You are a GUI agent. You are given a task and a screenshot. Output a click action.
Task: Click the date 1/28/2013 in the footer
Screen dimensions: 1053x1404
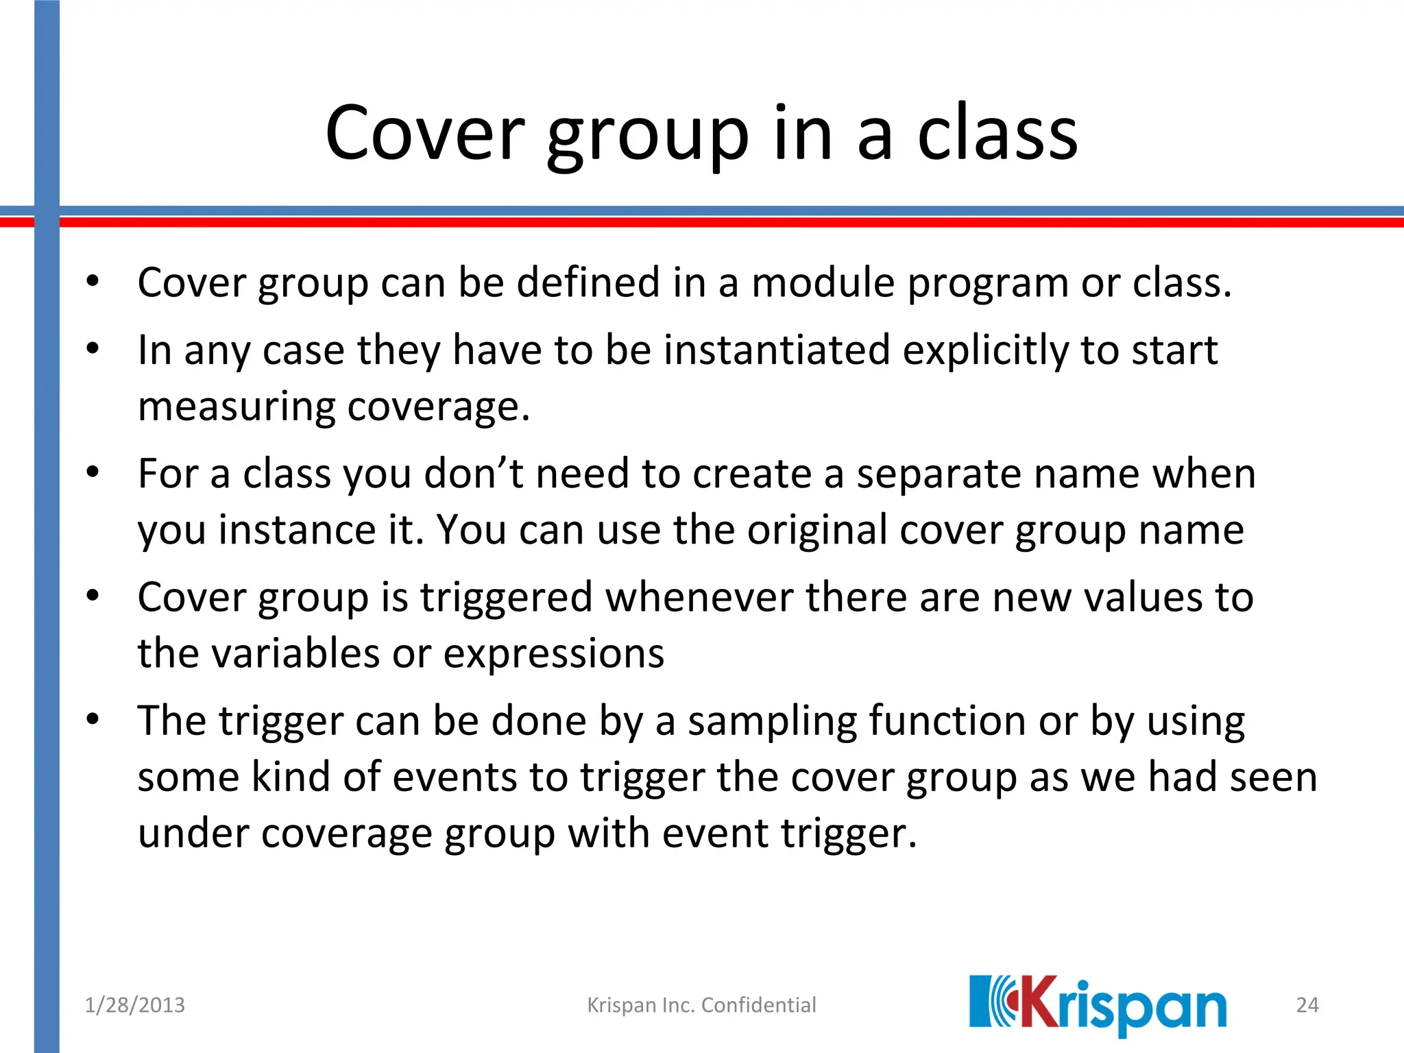[x=134, y=1005]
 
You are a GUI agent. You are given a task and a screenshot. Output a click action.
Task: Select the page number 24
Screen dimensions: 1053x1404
[x=1307, y=1005]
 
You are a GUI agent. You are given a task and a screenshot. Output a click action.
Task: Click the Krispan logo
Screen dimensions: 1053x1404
[x=1097, y=1005]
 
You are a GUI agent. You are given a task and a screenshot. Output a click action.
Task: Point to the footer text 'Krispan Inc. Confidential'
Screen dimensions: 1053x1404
[x=701, y=1005]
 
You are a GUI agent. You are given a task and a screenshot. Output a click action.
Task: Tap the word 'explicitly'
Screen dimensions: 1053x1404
[x=985, y=350]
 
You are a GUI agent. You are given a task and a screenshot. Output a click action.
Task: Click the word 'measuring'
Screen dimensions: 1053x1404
[x=237, y=407]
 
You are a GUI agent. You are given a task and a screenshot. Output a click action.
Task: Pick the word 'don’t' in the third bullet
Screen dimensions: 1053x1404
[x=474, y=474]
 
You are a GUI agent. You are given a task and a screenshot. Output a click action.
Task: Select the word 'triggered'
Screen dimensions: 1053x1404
[x=506, y=597]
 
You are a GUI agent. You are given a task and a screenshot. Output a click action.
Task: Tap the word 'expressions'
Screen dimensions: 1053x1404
[x=553, y=653]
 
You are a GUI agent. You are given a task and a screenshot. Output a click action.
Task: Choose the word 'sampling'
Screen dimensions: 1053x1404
[x=772, y=721]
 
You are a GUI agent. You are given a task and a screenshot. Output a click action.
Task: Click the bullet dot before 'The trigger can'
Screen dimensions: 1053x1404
[x=93, y=720]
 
